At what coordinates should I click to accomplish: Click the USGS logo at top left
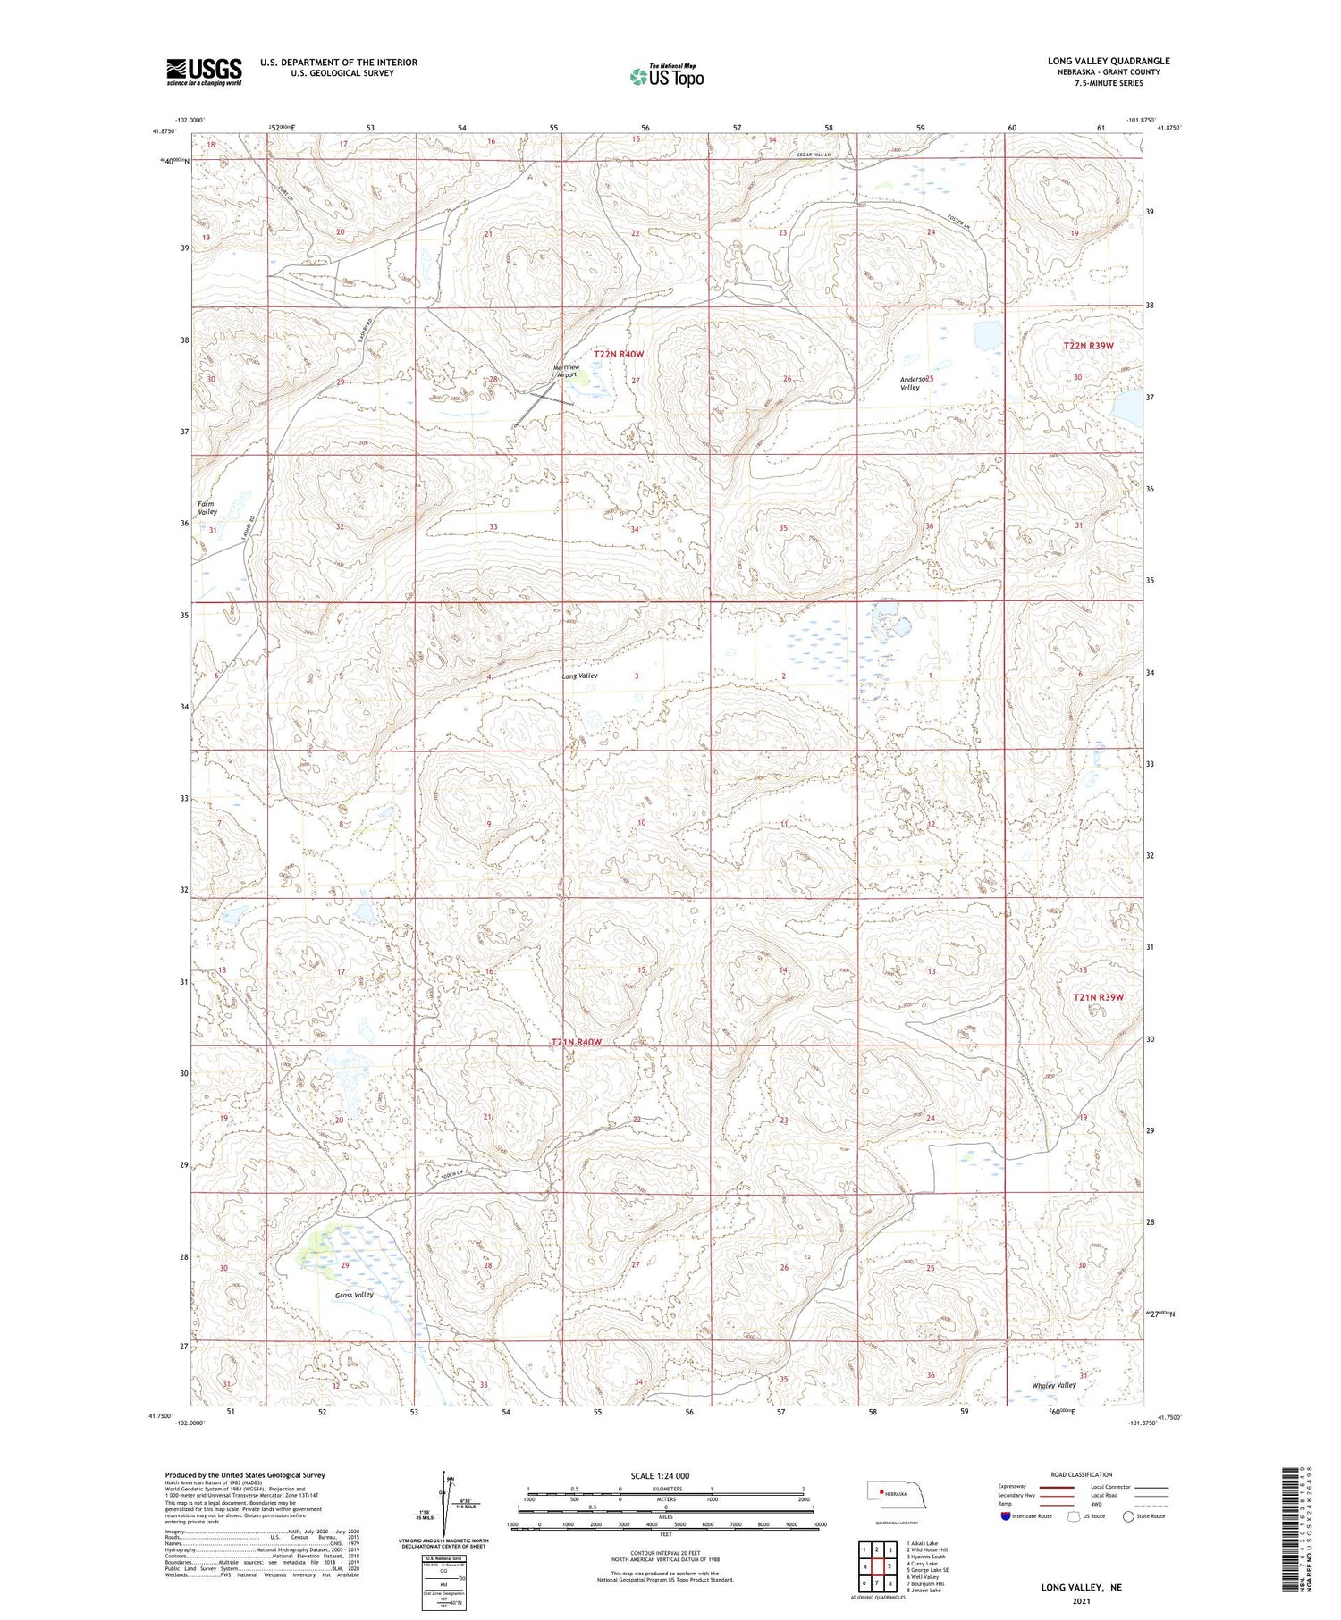pos(204,71)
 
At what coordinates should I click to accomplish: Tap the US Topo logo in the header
pos(666,76)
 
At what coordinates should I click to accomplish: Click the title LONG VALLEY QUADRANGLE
pos(1109,61)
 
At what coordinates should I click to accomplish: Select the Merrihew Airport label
pos(567,371)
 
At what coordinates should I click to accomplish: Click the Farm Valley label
pos(207,508)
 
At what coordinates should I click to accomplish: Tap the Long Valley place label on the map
pos(579,676)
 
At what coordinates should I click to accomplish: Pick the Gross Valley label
pos(354,1295)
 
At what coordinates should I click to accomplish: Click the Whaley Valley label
pos(1054,1385)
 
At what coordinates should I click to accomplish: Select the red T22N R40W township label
pos(619,355)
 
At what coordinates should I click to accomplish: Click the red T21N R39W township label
pos(1098,997)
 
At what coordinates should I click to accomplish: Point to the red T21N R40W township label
pos(576,1042)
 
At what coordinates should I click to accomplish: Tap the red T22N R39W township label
pos(1088,346)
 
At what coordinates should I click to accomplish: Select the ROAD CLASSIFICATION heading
pos(1081,1474)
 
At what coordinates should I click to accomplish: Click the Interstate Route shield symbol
pos(1007,1516)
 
